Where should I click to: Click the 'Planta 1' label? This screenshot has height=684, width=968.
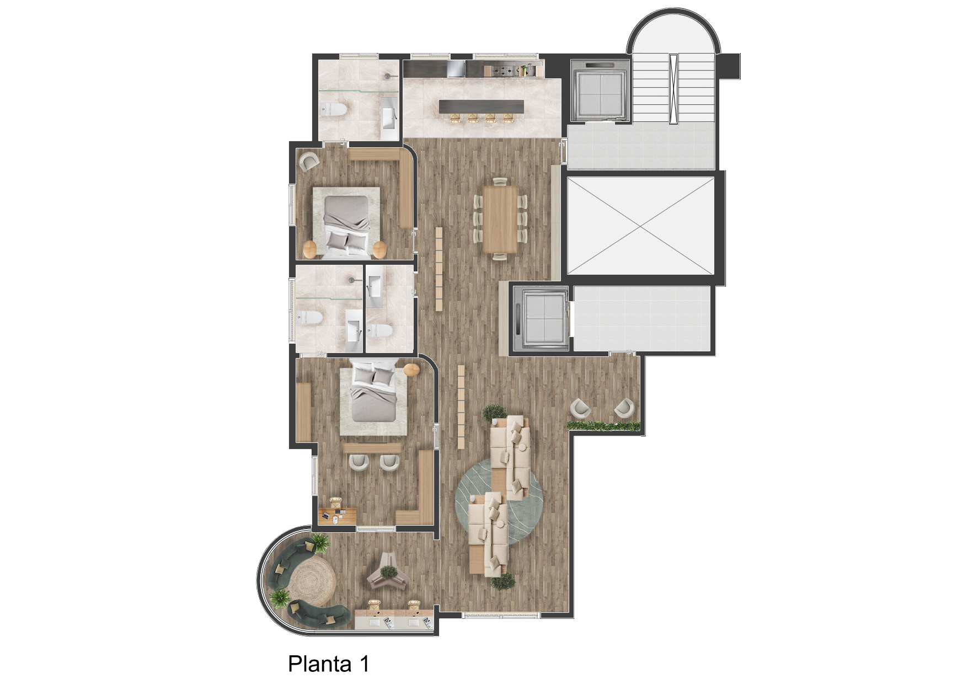328,664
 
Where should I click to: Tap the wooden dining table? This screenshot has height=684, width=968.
500,219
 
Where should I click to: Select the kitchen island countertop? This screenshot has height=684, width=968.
482,106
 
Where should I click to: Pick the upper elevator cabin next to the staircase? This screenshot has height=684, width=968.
600,91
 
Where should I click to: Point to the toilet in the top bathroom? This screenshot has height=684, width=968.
333,110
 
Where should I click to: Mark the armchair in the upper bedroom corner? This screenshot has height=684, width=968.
309,162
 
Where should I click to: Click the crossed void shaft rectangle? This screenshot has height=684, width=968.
640,226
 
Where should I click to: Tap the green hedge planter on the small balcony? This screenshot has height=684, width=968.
604,426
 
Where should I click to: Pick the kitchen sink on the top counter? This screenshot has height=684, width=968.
456,68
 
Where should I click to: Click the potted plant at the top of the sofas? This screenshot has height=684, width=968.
495,414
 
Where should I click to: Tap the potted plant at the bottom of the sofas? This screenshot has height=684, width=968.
503,581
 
